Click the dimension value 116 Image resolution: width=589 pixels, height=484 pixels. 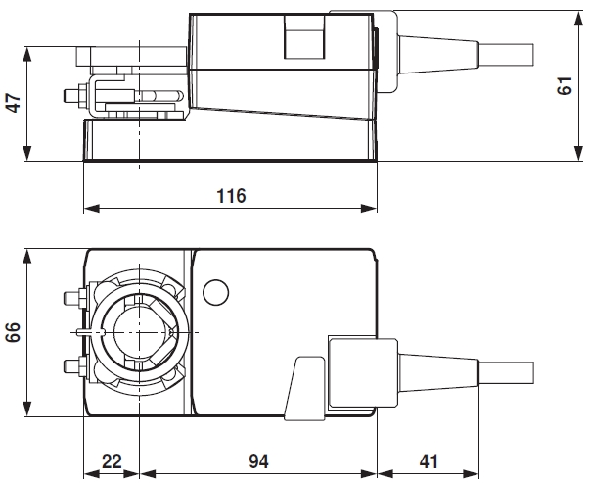click(x=231, y=195)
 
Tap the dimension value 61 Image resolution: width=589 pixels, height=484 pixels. click(x=564, y=86)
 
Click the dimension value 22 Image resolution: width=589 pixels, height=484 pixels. click(x=113, y=460)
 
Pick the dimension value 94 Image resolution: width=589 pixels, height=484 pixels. click(x=259, y=460)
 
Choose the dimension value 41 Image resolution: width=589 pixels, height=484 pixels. click(x=430, y=460)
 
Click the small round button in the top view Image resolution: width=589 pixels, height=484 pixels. click(x=215, y=292)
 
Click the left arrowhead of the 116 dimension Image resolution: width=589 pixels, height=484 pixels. click(x=90, y=208)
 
